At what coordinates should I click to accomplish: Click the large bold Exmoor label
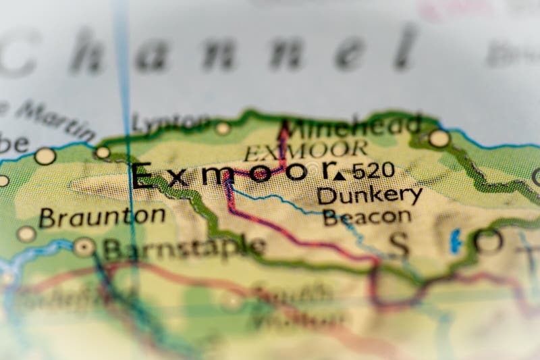233,175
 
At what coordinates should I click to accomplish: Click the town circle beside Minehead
439,138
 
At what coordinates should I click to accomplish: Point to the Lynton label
169,122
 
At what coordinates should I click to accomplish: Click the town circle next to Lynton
223,128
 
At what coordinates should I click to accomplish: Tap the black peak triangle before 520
339,175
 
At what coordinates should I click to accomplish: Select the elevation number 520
373,171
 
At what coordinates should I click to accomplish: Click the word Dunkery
369,195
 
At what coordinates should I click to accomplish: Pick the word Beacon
367,217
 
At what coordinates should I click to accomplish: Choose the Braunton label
102,217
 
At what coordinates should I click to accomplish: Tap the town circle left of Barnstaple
84,247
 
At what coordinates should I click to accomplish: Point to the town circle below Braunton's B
26,234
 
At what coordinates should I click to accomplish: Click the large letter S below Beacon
399,244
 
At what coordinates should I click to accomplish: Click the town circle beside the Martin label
103,152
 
